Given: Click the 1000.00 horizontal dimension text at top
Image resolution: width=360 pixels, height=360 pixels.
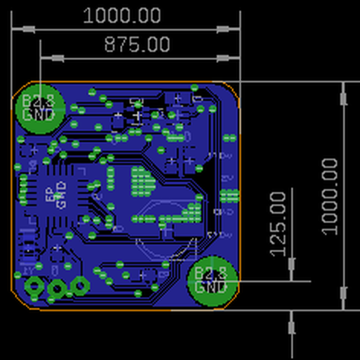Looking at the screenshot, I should pos(122,16).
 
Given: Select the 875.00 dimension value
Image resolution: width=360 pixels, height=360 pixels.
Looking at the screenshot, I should pos(137,44).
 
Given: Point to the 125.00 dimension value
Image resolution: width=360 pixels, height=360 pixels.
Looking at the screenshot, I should pos(278,223).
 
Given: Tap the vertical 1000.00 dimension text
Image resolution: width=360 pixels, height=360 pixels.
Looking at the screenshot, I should pos(330,196).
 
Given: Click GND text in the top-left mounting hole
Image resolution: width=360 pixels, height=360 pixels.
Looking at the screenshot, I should pos(38,114).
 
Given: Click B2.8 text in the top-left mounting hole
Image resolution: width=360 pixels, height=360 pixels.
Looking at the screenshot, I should pos(38,101).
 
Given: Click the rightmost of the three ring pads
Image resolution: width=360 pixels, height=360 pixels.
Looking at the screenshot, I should pos(79,286).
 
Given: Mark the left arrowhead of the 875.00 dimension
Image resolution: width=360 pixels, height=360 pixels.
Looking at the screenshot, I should pos(58,58).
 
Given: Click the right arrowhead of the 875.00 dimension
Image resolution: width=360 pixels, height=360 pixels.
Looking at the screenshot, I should pos(223,58).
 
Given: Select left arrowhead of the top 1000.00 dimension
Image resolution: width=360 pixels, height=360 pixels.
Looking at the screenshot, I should pos(28,29).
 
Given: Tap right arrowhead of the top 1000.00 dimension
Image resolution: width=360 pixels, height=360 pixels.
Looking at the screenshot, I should pos(223,29).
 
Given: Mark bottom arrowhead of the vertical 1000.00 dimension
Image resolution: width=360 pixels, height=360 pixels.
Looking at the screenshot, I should pos(343,293).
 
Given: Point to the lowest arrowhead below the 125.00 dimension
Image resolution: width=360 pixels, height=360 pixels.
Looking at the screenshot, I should pos(292,327).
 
